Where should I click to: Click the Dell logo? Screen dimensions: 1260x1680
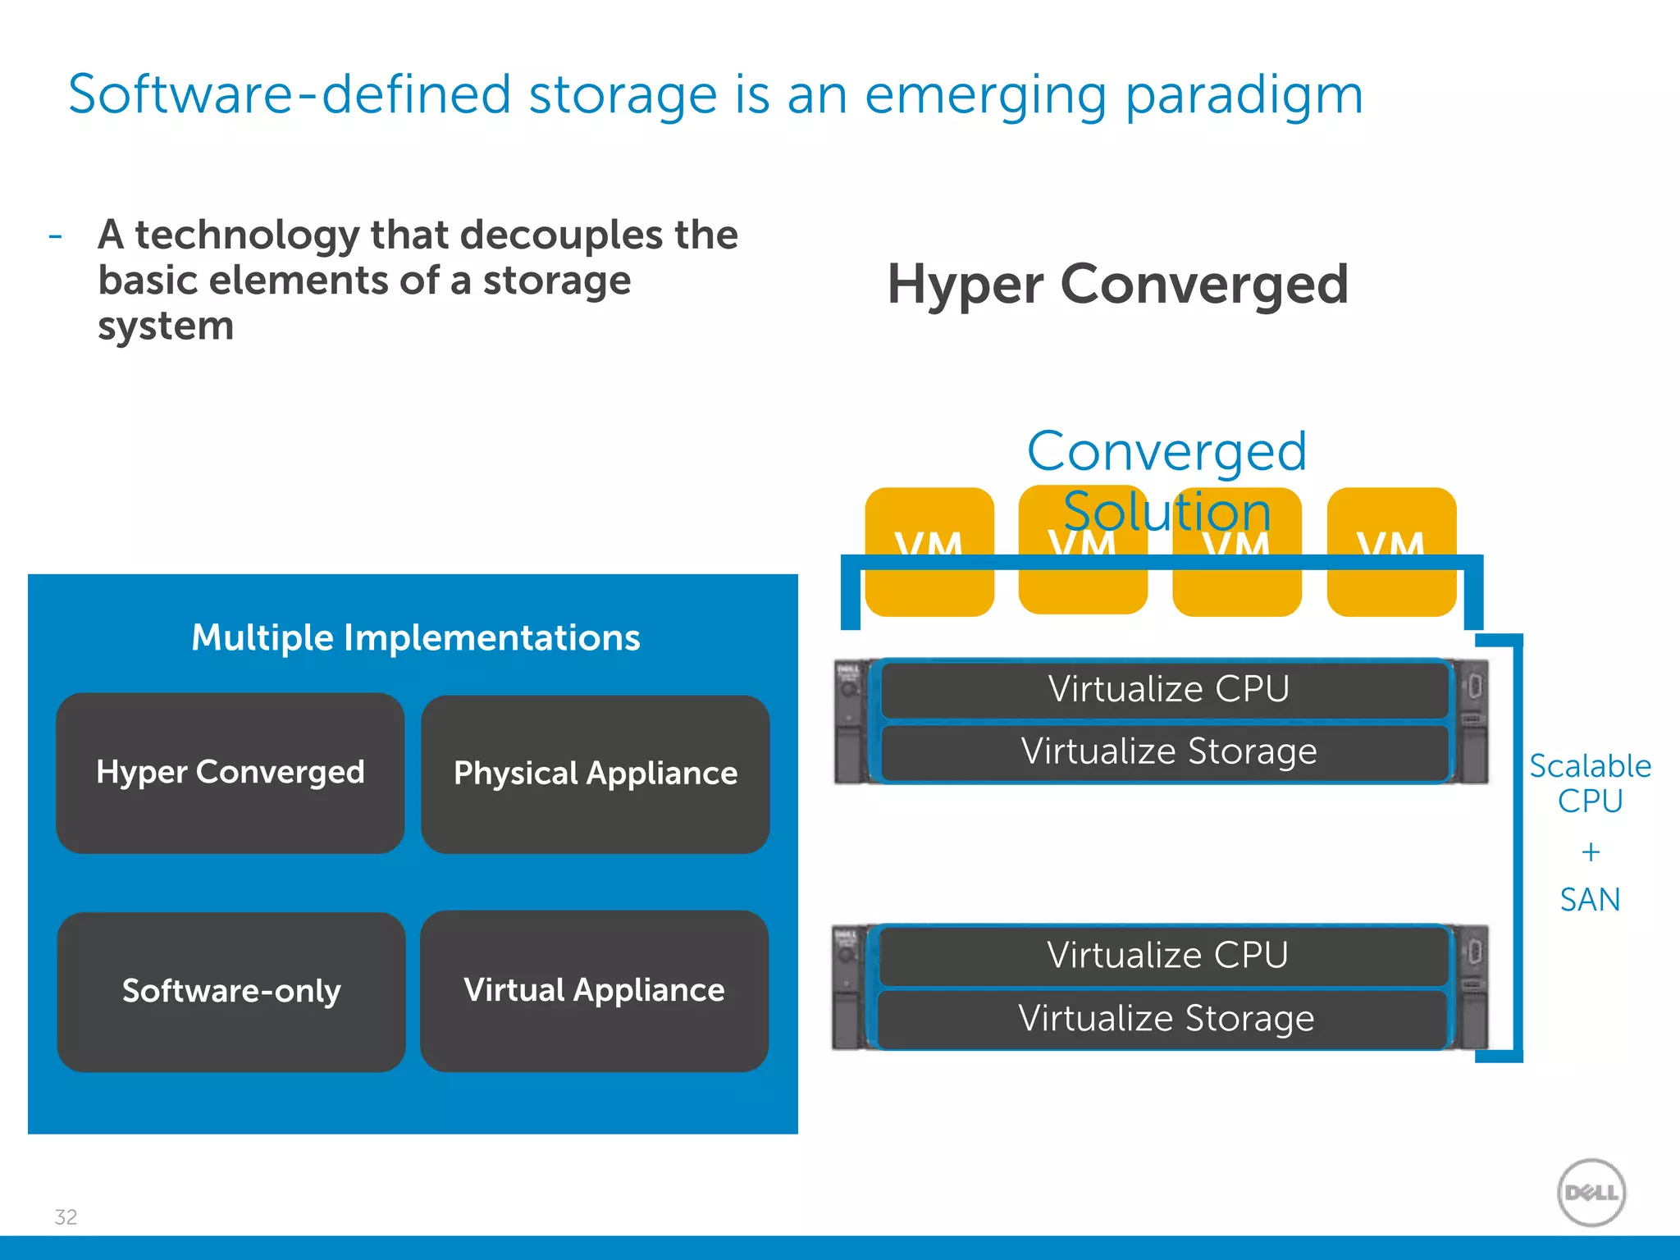click(x=1591, y=1192)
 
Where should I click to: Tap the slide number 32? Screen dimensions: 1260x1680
click(x=66, y=1217)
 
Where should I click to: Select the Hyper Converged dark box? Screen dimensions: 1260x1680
click(x=230, y=773)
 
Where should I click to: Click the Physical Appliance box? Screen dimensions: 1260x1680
click(x=595, y=774)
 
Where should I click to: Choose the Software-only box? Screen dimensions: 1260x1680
click(x=231, y=991)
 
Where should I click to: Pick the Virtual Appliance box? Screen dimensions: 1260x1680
click(x=594, y=990)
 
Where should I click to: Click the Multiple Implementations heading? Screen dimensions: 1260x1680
click(x=415, y=637)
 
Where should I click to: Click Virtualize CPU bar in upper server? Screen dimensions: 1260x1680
click(x=1168, y=689)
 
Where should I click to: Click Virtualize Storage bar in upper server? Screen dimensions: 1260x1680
click(x=1168, y=751)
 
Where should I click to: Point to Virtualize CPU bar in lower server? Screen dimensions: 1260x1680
click(x=1166, y=955)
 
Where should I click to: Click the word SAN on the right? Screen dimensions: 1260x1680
click(x=1590, y=900)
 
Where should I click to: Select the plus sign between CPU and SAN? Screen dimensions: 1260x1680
click(x=1591, y=852)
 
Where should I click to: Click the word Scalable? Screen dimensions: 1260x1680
click(x=1590, y=766)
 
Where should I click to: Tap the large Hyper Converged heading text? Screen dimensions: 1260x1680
click(x=1117, y=284)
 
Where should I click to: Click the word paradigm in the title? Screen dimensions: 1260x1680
click(x=1244, y=95)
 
